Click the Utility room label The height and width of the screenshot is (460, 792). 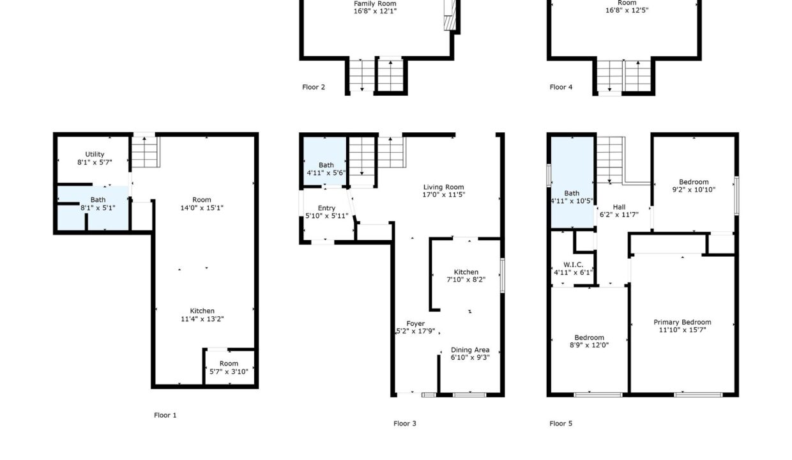tap(95, 154)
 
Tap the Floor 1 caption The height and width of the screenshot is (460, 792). tap(165, 415)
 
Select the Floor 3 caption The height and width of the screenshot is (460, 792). tap(405, 423)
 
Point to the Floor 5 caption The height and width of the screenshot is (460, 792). tap(561, 423)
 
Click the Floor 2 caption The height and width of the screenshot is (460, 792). tap(314, 87)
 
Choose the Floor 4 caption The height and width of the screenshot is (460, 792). tap(561, 87)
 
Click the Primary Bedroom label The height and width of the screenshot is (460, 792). tap(682, 322)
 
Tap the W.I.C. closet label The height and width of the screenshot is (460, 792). tap(573, 264)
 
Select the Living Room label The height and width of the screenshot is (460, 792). tap(444, 187)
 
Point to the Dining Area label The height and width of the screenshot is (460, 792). tap(470, 349)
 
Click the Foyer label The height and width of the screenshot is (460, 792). tap(415, 323)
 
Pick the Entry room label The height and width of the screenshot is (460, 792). tap(326, 208)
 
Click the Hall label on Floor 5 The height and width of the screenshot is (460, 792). tap(619, 207)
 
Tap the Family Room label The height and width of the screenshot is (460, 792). tap(375, 4)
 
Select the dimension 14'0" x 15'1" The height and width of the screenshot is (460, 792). tap(202, 208)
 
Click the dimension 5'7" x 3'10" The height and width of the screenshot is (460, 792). tap(229, 371)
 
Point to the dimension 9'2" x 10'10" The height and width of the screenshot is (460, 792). tap(694, 190)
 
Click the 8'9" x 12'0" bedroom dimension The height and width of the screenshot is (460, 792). tap(589, 345)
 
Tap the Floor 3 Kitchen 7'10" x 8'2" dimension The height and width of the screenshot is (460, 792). tap(466, 279)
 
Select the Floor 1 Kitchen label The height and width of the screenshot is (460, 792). tap(202, 310)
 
